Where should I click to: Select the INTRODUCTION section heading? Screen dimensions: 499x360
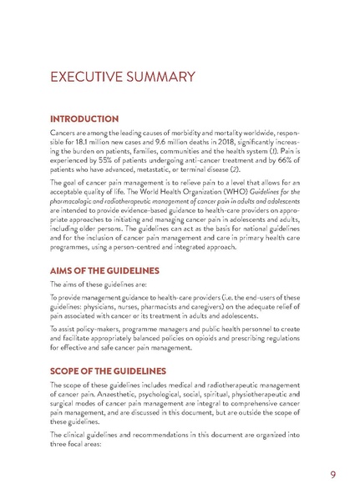90,119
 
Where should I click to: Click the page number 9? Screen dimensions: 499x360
333,475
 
